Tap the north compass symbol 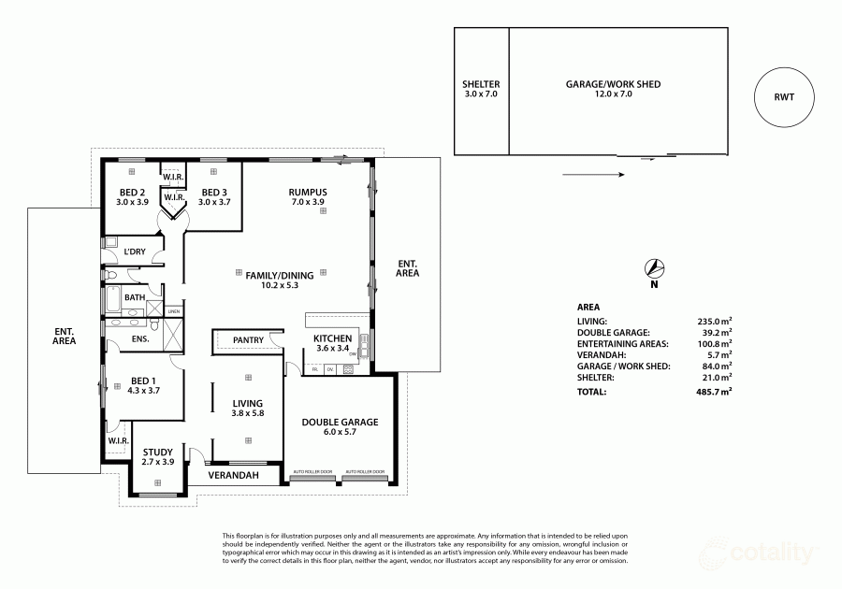click(655, 267)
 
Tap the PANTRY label click(248, 339)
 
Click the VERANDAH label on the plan click(233, 476)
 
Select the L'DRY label click(135, 251)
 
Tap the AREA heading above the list click(588, 306)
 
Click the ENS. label click(140, 338)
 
